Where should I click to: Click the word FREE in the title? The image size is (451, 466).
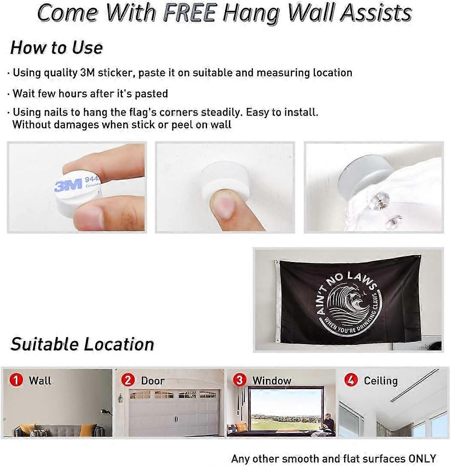189,13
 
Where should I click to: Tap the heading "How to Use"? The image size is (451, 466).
57,48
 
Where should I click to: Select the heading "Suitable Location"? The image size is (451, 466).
82,344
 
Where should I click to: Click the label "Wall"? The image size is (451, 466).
40,381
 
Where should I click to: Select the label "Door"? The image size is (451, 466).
152,381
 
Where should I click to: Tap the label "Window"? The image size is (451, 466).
272,381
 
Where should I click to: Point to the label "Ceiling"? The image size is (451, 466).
381,381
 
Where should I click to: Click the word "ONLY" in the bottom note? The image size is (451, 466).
422,458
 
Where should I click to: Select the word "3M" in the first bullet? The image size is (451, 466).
87,73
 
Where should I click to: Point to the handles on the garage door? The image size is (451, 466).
176,419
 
